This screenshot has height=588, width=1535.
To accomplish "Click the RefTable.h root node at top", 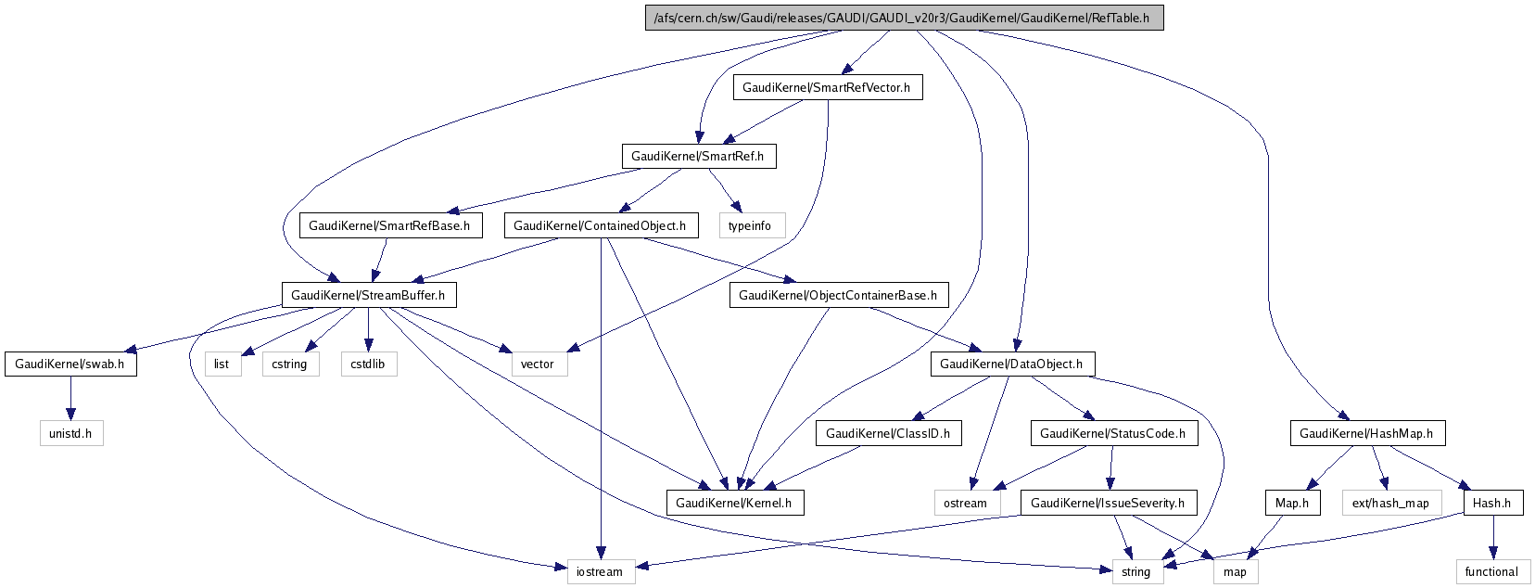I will [904, 18].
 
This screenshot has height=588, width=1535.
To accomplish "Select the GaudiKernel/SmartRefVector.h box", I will [827, 87].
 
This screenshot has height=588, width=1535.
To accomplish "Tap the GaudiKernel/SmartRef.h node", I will [698, 156].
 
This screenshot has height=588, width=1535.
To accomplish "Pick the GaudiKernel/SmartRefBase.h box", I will [389, 225].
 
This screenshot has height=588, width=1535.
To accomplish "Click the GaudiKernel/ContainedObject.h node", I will [600, 225].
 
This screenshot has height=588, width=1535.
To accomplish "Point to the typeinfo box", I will [750, 225].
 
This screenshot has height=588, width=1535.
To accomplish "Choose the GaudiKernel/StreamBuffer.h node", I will [368, 295].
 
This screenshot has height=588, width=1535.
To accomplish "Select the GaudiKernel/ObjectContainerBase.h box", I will [838, 295].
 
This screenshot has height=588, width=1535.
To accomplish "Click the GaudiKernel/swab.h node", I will [70, 364].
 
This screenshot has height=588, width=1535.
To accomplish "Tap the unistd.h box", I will [70, 433].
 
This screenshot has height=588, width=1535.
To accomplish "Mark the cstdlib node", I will [368, 364].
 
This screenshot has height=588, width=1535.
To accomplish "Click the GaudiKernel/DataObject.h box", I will [1011, 364].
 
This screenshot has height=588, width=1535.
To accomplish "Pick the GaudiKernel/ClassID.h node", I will [888, 433].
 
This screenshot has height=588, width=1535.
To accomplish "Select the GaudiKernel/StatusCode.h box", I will [1112, 433].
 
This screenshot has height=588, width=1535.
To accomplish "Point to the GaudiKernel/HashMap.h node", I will [1366, 433].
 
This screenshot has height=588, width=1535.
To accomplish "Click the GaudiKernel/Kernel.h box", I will [734, 503].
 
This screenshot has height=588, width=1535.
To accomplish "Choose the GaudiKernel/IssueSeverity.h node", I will [1108, 503].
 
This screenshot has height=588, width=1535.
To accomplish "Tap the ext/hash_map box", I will [1390, 503].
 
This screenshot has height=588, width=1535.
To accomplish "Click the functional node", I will [1491, 571].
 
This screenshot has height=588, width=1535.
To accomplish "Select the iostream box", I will [600, 571].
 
